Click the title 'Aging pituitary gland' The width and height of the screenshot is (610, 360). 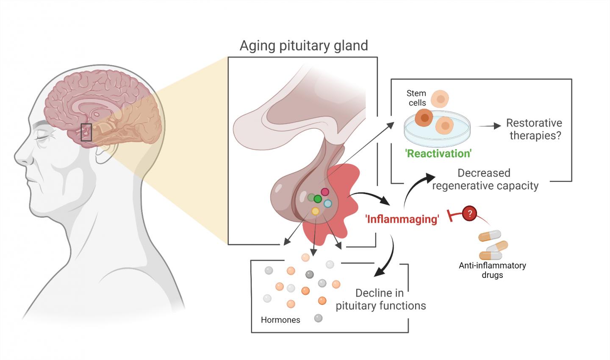[304, 46]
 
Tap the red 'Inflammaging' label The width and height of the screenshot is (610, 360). [402, 219]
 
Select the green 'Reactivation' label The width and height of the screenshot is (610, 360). [438, 153]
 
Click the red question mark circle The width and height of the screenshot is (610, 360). [469, 213]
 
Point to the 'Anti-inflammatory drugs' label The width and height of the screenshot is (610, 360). [492, 270]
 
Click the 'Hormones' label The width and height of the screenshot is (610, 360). [280, 320]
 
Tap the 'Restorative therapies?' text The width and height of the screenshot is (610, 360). [534, 129]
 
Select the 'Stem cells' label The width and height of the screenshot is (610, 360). [416, 98]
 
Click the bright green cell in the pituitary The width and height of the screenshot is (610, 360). [318, 199]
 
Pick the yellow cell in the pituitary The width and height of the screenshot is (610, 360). [315, 211]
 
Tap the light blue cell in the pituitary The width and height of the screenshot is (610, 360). [327, 204]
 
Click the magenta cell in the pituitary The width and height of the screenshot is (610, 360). [325, 192]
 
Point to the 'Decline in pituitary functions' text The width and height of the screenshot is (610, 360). [380, 299]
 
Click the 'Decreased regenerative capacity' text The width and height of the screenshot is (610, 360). [485, 179]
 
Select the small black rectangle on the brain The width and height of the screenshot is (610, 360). [86, 132]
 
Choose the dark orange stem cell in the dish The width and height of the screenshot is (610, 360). [424, 118]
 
